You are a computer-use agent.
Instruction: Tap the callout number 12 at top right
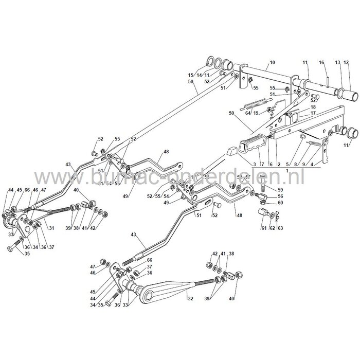(353, 63)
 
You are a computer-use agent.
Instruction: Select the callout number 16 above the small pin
(322, 63)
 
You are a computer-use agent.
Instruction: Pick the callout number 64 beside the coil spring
(248, 113)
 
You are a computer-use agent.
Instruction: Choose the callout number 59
(266, 189)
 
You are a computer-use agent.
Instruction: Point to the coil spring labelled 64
(260, 102)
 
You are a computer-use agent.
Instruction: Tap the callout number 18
(313, 106)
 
